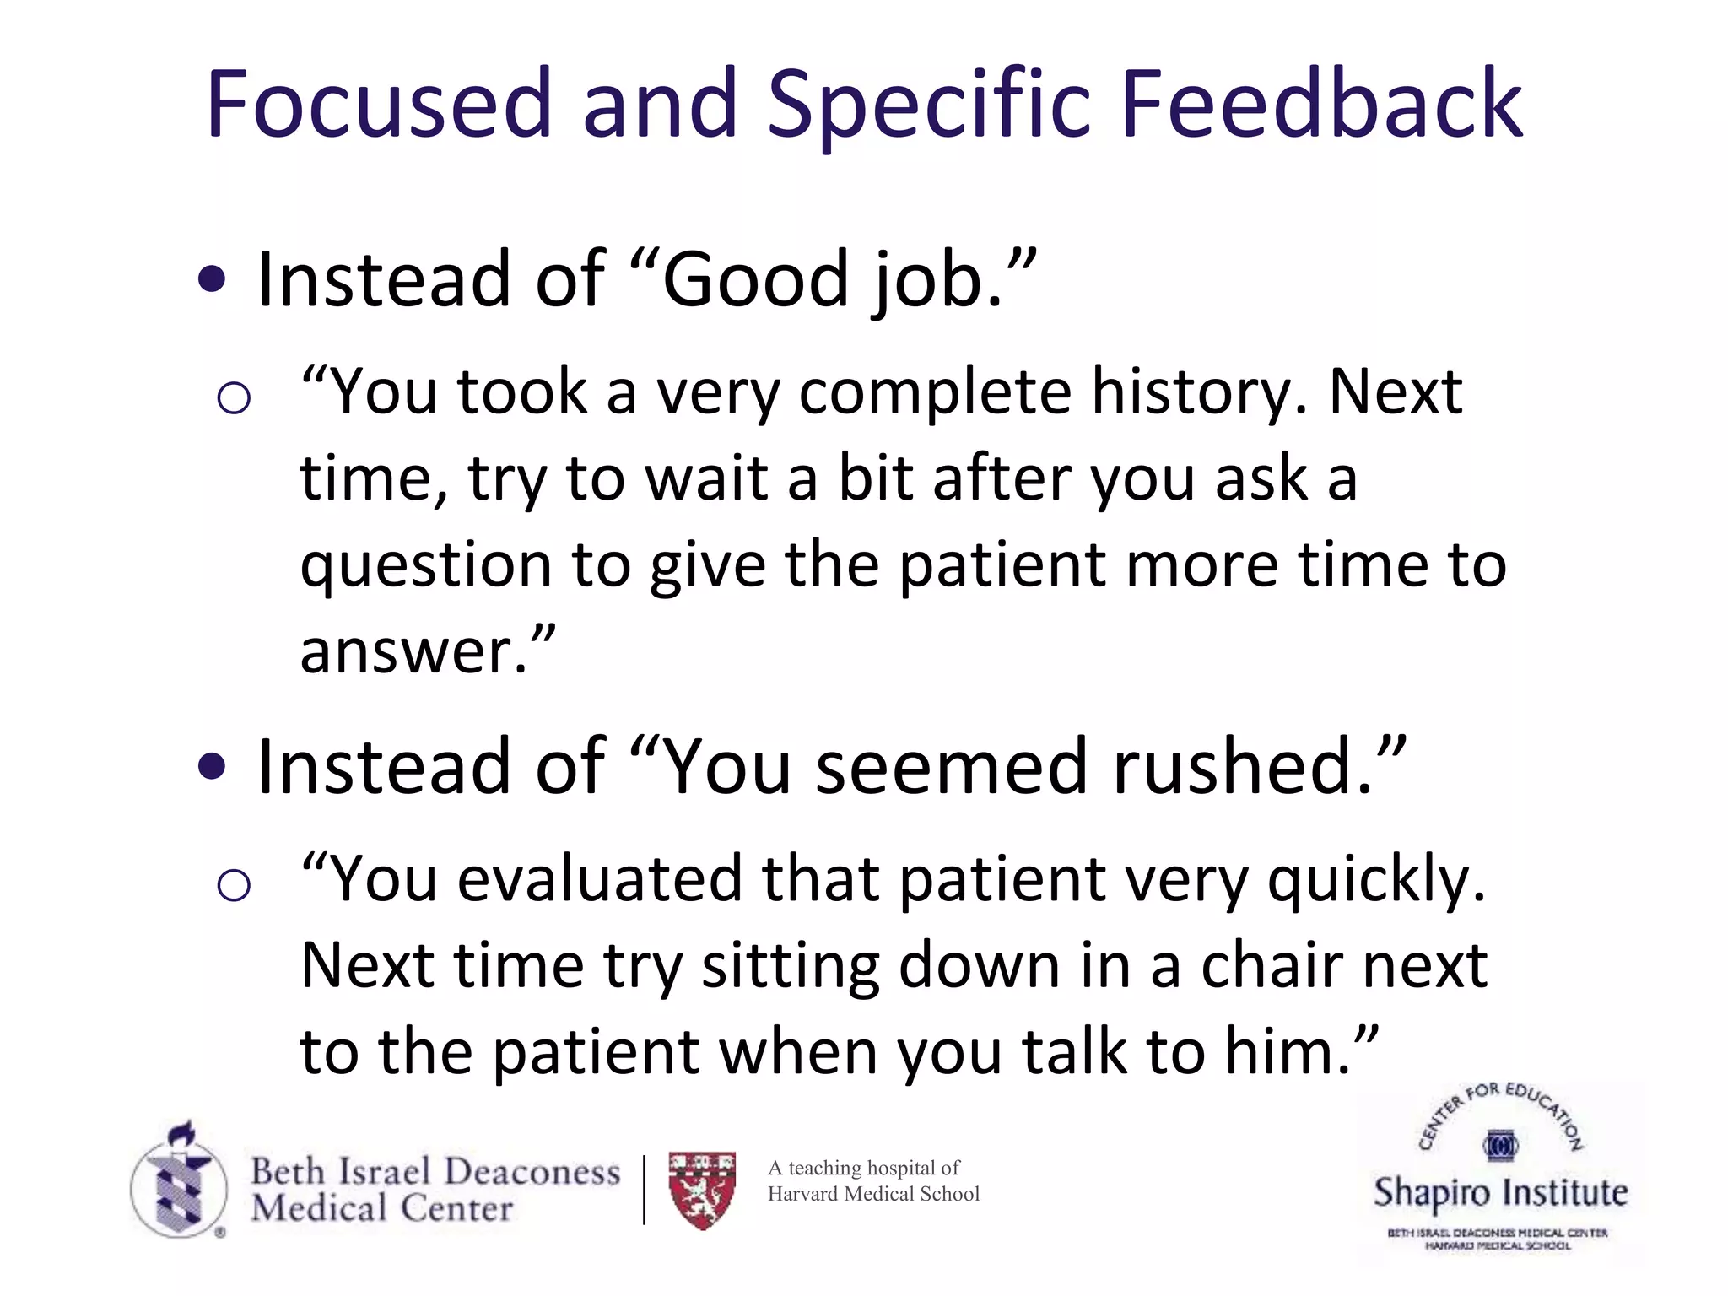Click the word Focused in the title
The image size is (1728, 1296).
[x=378, y=105]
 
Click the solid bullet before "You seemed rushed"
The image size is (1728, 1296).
[x=212, y=767]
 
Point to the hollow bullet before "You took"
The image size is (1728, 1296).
[x=234, y=397]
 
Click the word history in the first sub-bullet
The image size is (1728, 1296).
[x=1198, y=393]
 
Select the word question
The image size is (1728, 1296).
[x=424, y=567]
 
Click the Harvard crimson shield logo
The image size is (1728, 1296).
[x=702, y=1189]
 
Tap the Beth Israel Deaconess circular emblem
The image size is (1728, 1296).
[x=179, y=1185]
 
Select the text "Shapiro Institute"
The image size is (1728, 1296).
[x=1500, y=1193]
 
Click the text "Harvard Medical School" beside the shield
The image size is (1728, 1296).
[x=873, y=1194]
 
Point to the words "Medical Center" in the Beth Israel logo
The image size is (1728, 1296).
[x=381, y=1208]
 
